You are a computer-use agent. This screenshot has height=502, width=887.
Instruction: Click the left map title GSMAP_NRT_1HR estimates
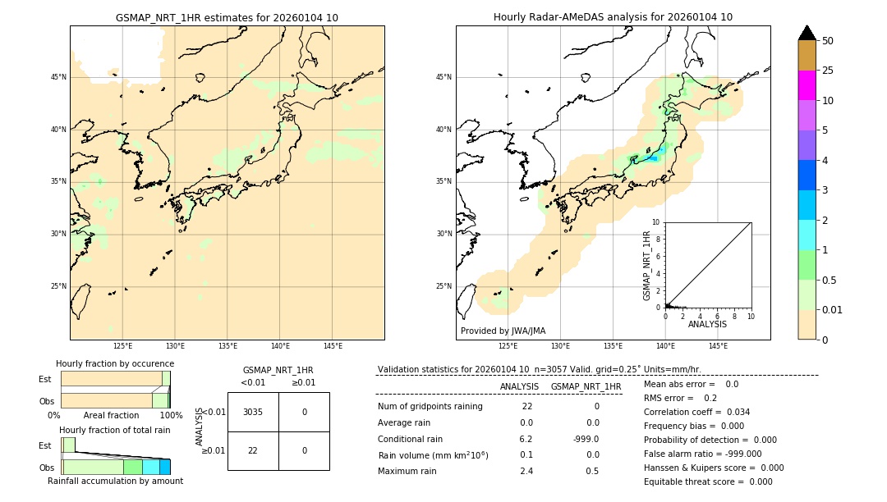tap(227, 17)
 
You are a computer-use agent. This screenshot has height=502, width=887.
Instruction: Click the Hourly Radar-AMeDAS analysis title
tap(613, 17)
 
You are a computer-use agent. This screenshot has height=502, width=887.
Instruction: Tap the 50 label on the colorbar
tap(828, 41)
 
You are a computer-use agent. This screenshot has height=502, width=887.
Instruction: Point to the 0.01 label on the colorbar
tap(833, 309)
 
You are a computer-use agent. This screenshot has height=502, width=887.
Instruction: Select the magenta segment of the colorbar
tap(807, 85)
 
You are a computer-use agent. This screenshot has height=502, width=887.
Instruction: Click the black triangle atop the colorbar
tap(807, 33)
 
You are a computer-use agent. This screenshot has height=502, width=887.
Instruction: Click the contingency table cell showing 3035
tap(253, 412)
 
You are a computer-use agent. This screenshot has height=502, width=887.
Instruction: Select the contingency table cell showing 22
tap(253, 450)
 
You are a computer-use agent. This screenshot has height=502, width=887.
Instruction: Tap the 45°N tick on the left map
tap(58, 77)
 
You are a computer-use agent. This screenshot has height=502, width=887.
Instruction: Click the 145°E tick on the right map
tap(718, 347)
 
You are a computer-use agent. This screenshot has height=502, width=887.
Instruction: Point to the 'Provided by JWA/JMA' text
tap(503, 331)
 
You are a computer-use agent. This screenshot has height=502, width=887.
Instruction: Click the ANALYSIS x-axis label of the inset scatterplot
tap(707, 324)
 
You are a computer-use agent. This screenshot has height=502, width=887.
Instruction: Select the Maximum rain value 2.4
tap(526, 471)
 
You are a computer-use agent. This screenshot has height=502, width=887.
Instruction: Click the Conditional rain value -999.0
tap(586, 439)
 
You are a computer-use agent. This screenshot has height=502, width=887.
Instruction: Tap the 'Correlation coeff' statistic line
tap(696, 412)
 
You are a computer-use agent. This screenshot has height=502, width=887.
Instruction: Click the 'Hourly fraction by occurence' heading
tap(115, 363)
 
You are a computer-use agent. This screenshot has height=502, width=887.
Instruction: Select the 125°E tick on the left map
tap(122, 347)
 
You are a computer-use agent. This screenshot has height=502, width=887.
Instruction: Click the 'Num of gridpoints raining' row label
tap(430, 407)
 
